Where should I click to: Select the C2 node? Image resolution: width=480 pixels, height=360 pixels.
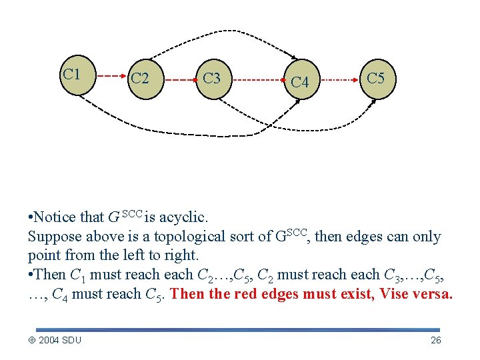coord(140,79)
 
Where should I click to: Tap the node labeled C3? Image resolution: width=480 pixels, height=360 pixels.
coord(212,79)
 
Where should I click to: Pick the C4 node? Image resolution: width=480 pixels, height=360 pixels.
coord(300,82)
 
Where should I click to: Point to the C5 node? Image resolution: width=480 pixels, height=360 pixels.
coord(376,79)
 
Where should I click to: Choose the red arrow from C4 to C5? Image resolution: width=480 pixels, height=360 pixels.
coord(340,79)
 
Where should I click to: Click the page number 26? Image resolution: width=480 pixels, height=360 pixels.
coord(436,341)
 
